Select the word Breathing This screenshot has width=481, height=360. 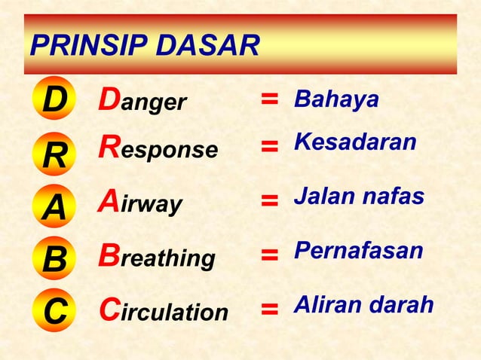click(157, 258)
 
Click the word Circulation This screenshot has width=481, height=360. click(164, 310)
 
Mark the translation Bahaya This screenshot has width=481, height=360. click(336, 99)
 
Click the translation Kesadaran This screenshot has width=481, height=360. click(355, 142)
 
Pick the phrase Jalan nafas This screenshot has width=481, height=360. click(359, 197)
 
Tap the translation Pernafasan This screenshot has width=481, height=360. click(358, 251)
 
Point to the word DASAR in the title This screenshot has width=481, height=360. click(207, 47)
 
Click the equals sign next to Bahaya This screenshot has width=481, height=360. click(269, 100)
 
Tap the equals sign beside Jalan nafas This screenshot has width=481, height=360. click(269, 200)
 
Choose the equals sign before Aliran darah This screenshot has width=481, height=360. click(269, 308)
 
